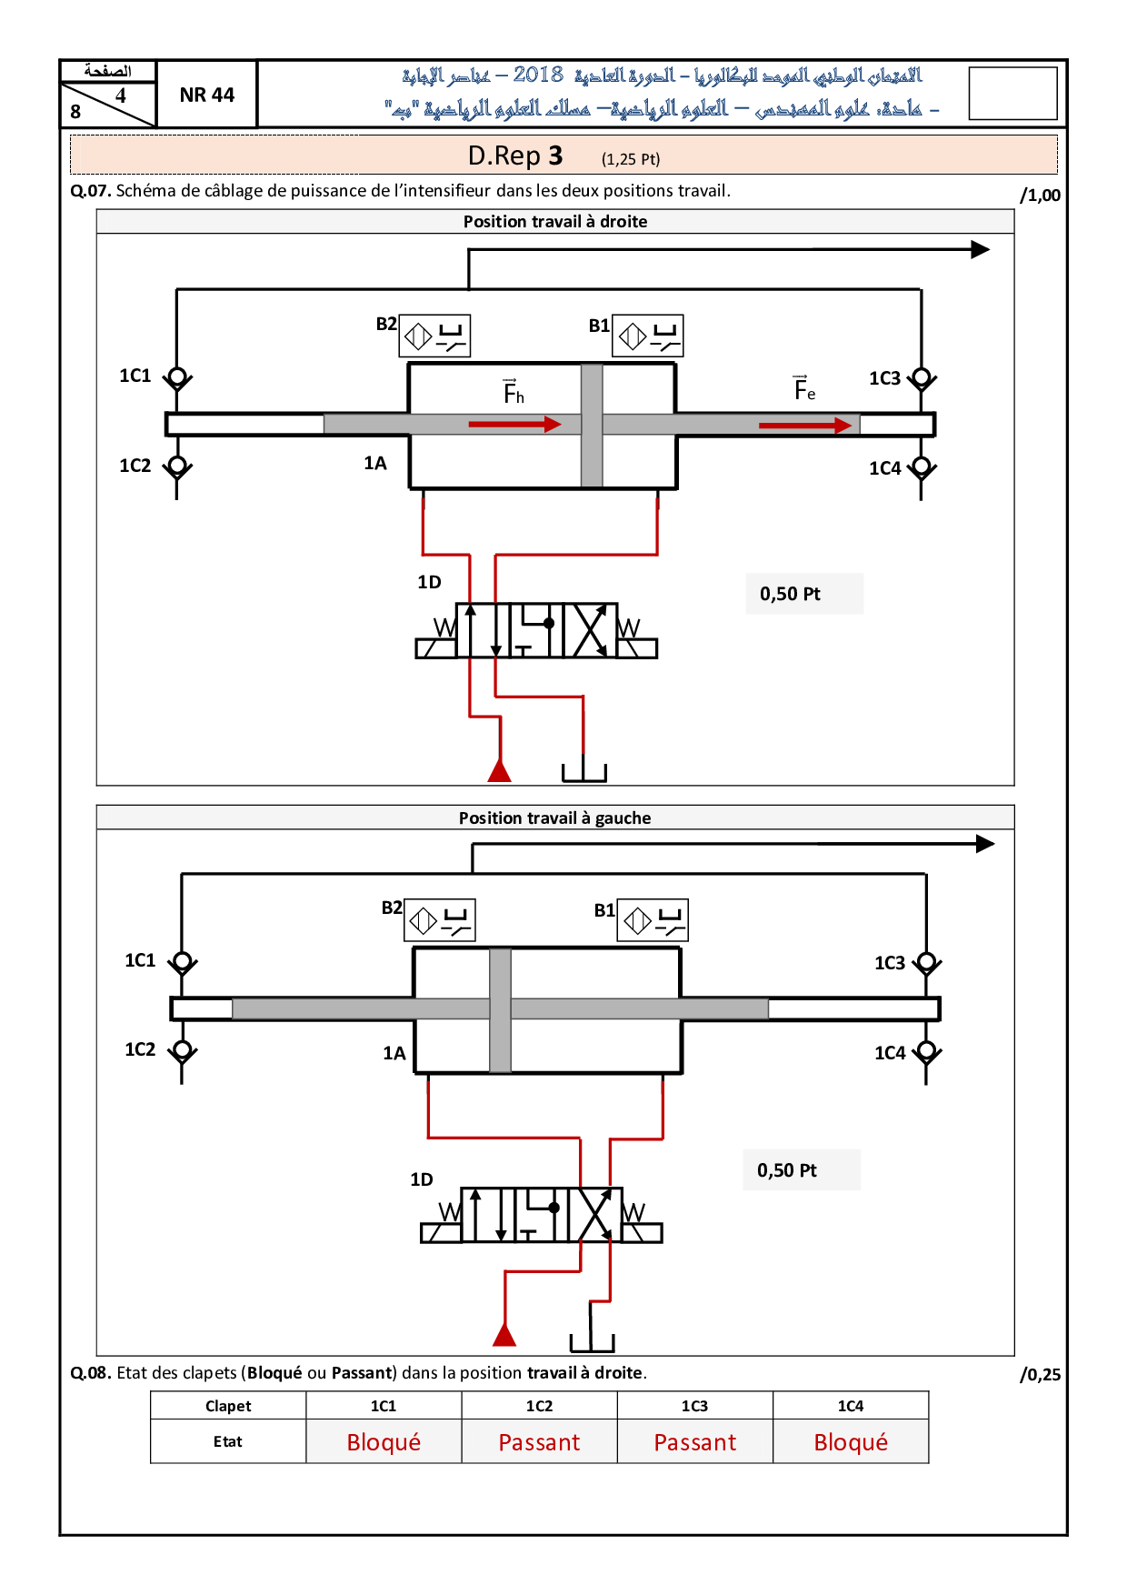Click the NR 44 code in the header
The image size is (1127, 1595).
tap(207, 95)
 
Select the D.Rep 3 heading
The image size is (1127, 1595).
tap(515, 155)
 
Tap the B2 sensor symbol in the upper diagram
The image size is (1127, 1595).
tap(435, 336)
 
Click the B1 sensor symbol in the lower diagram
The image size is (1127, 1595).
tap(653, 920)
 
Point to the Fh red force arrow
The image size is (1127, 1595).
tap(515, 424)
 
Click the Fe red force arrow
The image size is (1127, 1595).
tap(805, 425)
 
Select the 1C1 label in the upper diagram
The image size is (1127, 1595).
tap(135, 376)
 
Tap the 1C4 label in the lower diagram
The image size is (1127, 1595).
tap(890, 1053)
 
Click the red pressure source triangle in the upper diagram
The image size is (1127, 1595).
tap(499, 770)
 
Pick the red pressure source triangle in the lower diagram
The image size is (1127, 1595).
tap(504, 1334)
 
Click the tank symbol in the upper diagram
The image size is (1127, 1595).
tap(583, 772)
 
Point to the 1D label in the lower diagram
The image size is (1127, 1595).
tap(422, 1179)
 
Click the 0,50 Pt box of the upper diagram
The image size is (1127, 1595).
tap(804, 594)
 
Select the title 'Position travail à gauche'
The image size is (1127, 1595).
tap(554, 818)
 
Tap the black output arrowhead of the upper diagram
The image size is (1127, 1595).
tap(980, 249)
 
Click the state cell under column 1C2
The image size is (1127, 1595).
tap(539, 1441)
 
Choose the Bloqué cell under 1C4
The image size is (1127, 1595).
tap(851, 1441)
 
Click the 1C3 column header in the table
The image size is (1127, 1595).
tap(694, 1406)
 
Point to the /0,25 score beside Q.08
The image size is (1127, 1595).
tap(1040, 1374)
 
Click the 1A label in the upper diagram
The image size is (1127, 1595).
tap(375, 463)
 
